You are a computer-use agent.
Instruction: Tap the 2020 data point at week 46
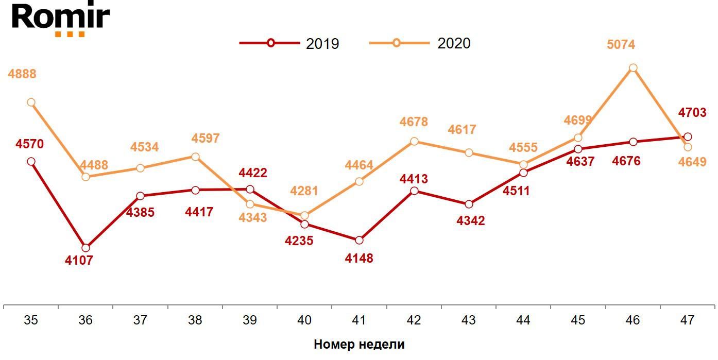tap(633, 68)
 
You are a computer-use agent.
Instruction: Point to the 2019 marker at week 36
tap(86, 248)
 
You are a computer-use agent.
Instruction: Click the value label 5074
tap(621, 45)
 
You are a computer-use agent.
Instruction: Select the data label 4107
tap(79, 261)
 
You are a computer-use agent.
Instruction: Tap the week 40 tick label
tap(304, 320)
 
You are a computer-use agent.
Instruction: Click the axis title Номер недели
tap(359, 345)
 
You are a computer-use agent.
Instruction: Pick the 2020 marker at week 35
tap(31, 102)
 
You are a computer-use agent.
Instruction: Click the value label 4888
tap(22, 74)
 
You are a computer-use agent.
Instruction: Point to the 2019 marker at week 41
tap(360, 240)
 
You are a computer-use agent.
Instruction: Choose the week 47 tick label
tap(687, 320)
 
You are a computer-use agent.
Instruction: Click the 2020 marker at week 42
tap(414, 141)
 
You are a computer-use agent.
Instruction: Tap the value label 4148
tap(359, 258)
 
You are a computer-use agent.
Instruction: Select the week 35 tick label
tap(31, 320)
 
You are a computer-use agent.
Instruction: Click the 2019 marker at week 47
tap(688, 136)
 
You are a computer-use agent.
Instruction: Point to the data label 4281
tap(304, 191)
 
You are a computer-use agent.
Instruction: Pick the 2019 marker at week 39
tap(250, 190)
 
